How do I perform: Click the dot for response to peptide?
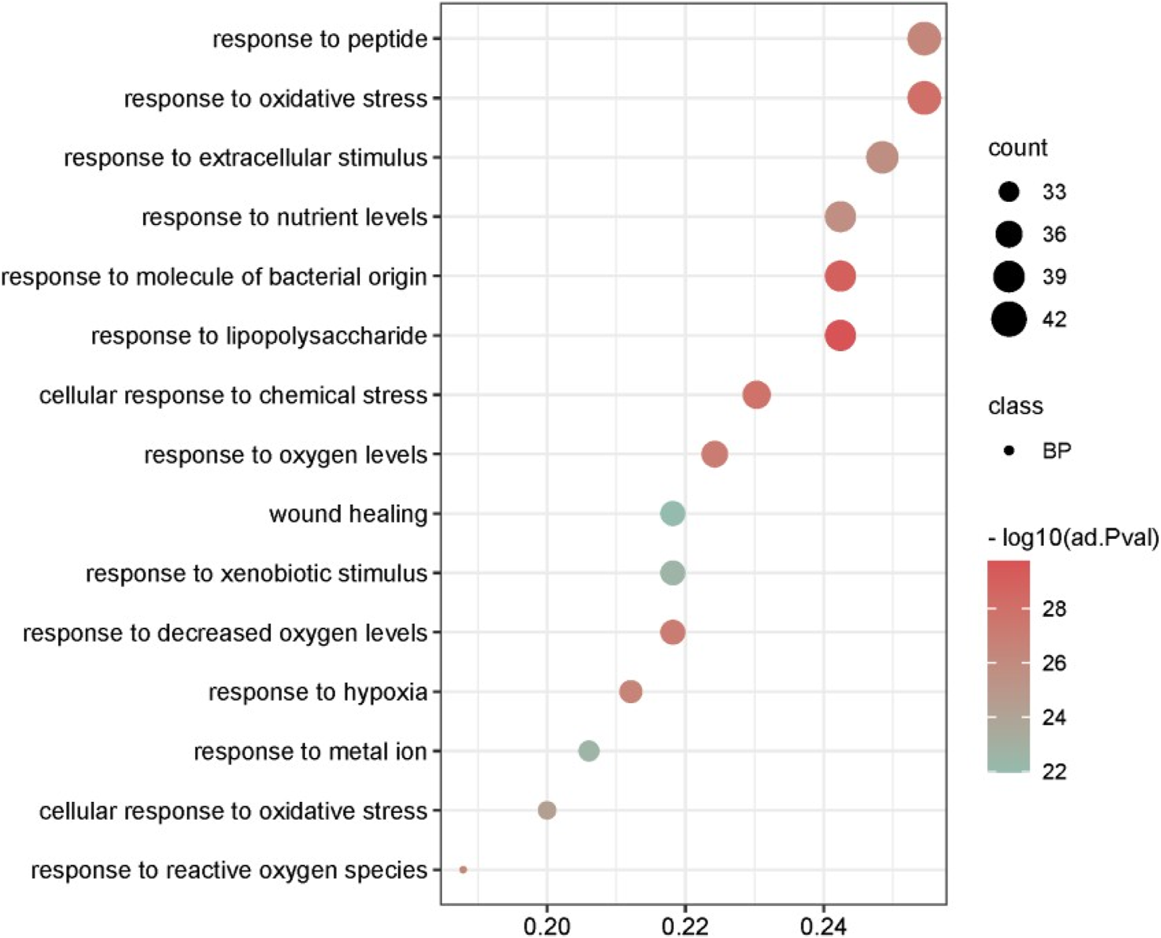coord(924,39)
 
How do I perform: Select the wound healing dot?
coord(672,514)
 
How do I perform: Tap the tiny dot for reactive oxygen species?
coord(463,870)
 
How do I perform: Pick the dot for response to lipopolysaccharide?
coord(840,336)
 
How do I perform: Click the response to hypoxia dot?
coord(630,692)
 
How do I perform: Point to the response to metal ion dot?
coord(588,751)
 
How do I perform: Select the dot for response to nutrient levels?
coord(840,217)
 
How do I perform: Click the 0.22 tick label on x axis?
coord(685,926)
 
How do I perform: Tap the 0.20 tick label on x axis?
coord(547,926)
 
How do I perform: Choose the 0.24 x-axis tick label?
coord(823,926)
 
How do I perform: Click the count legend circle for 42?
coord(1009,319)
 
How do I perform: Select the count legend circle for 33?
coord(1009,192)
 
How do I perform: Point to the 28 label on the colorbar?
coord(1054,609)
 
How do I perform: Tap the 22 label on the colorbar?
coord(1054,772)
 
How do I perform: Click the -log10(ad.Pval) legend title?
coord(1073,538)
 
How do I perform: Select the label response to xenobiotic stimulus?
coord(257,574)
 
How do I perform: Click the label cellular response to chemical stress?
coord(233,396)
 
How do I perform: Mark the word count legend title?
coord(1017,148)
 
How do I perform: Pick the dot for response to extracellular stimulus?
coord(882,158)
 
